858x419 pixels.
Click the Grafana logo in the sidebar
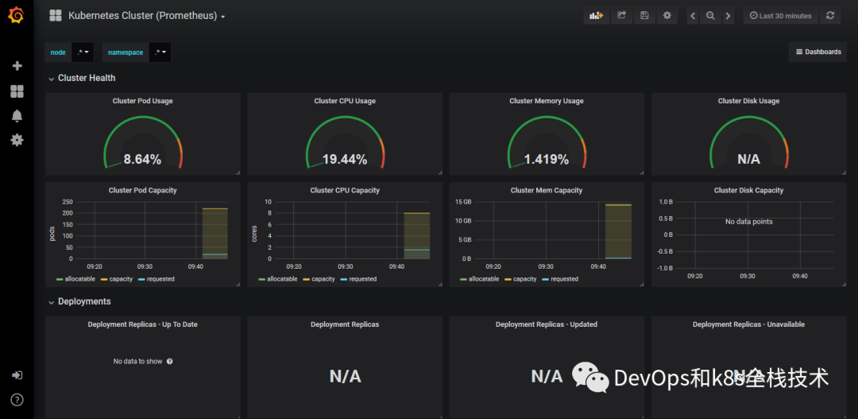(x=16, y=15)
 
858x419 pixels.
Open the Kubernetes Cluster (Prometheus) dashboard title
(x=142, y=16)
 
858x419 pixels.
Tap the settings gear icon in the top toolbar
(x=667, y=16)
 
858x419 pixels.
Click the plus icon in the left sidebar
(x=17, y=66)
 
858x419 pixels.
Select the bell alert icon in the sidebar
(x=17, y=116)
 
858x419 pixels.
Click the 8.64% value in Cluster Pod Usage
(x=142, y=159)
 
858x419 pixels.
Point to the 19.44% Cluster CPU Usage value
(x=344, y=159)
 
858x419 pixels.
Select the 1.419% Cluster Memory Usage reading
(x=546, y=159)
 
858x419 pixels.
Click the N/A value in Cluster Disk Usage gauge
(x=748, y=159)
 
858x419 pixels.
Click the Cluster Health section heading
(x=86, y=78)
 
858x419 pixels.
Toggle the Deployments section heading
(x=83, y=301)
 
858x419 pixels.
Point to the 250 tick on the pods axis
(x=67, y=202)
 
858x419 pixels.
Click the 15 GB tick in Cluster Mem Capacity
(x=462, y=202)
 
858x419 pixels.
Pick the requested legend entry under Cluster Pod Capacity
(x=160, y=279)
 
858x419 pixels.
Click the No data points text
(x=748, y=222)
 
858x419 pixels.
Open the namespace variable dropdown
(x=160, y=52)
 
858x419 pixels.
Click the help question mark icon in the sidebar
(x=17, y=399)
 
